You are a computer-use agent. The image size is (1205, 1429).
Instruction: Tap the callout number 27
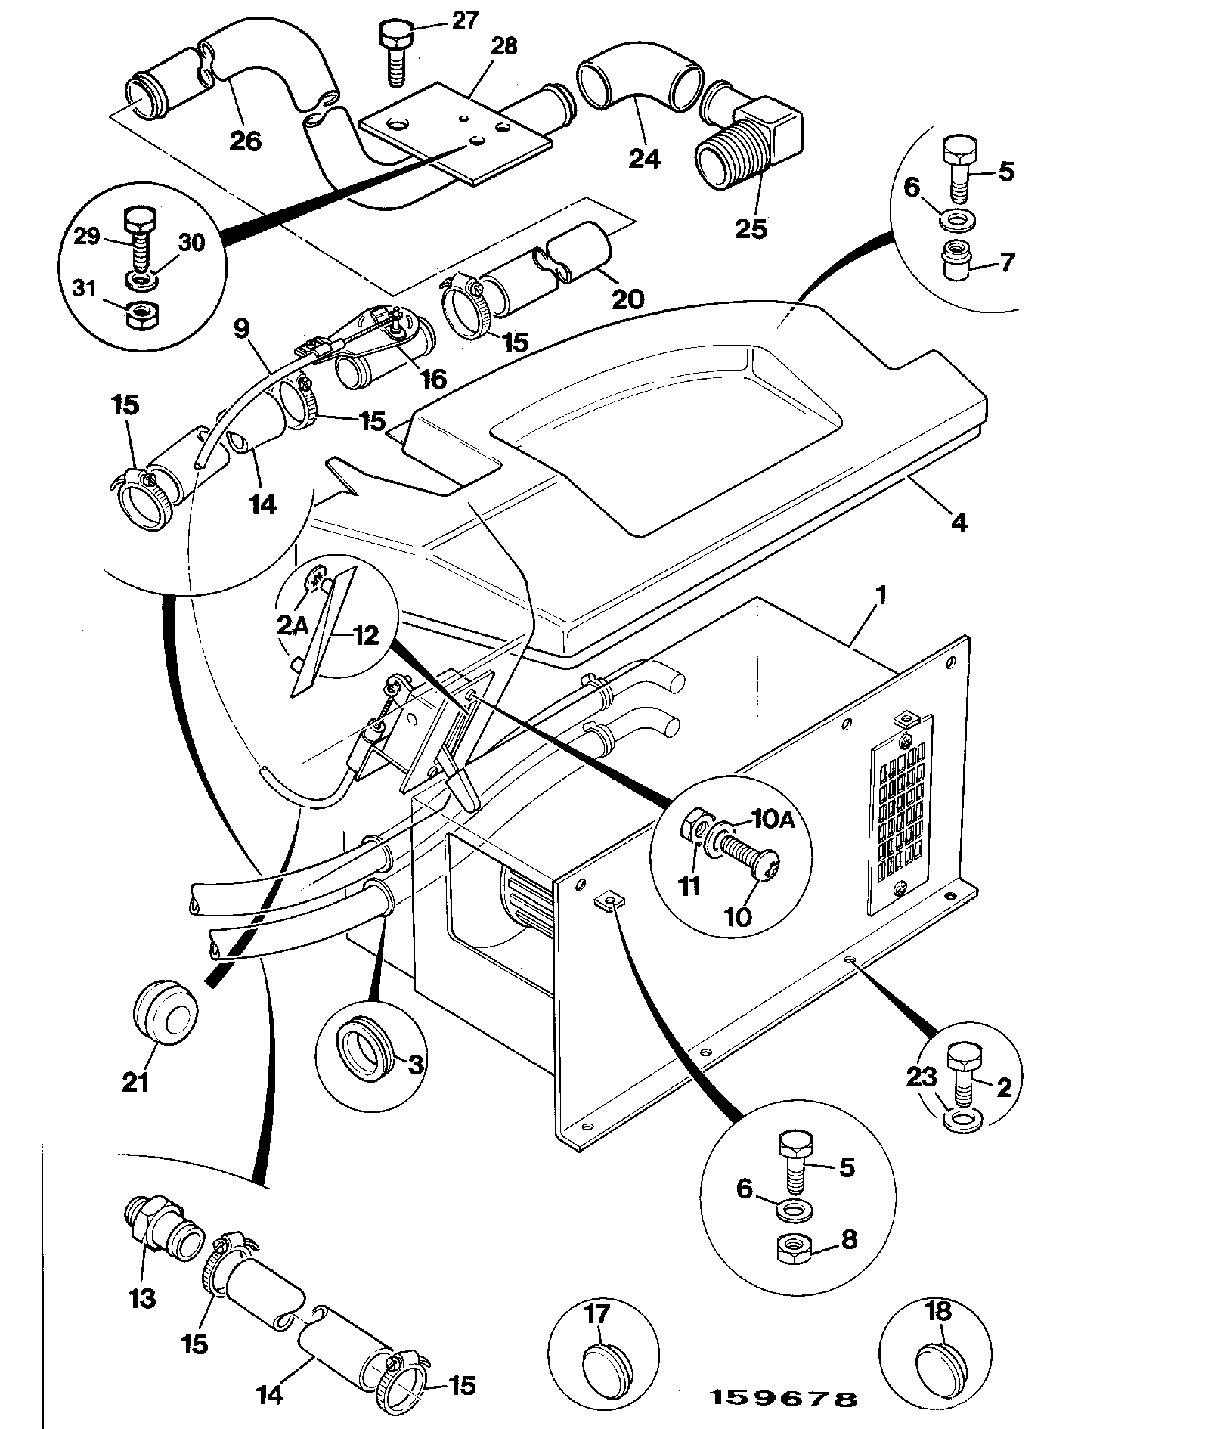click(465, 20)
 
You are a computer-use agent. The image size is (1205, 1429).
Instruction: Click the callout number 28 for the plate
click(503, 47)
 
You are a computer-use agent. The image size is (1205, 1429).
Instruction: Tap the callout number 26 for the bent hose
click(245, 141)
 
